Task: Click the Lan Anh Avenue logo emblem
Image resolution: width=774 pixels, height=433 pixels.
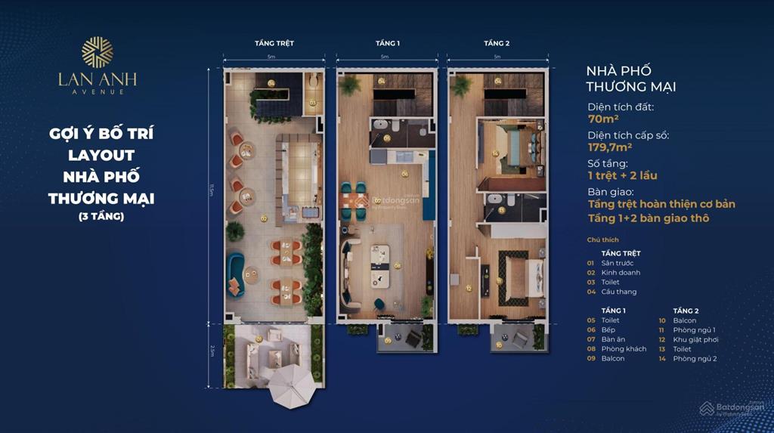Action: pos(97,52)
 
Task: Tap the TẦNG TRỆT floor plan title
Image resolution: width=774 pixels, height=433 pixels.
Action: pos(274,43)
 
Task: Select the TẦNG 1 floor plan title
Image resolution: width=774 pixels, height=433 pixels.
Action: pos(387,43)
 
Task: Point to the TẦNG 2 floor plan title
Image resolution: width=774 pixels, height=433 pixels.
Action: pos(497,43)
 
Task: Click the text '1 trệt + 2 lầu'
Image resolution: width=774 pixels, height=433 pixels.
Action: pos(622,175)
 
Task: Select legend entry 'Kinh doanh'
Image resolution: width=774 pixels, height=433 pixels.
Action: pos(621,272)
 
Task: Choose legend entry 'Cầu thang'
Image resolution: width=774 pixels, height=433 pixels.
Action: pos(620,292)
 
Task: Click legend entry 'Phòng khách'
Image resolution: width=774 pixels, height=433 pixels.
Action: pos(624,348)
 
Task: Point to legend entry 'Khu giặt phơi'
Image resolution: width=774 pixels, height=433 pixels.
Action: pos(696,339)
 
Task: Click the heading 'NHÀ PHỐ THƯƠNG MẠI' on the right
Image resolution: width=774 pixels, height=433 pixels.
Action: pos(631,79)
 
